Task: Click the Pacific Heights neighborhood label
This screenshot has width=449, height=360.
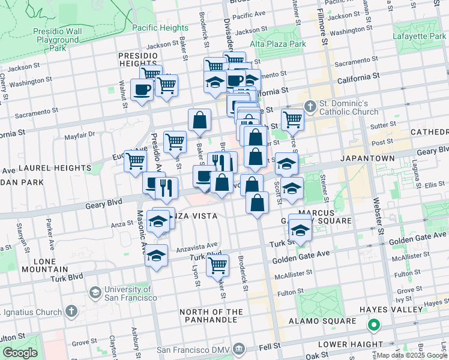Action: click(x=160, y=28)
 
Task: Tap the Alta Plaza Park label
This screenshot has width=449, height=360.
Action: click(x=278, y=44)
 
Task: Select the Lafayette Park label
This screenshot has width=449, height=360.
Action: click(x=418, y=36)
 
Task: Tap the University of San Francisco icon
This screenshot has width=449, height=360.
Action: click(x=94, y=292)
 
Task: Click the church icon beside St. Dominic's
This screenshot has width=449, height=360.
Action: click(x=310, y=107)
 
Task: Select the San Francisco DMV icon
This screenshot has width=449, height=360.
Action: click(x=239, y=349)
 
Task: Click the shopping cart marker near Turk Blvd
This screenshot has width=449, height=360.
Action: click(x=217, y=265)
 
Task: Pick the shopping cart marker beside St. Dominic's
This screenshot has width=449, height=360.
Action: click(x=292, y=119)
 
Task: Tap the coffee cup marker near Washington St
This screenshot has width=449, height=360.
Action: click(x=142, y=90)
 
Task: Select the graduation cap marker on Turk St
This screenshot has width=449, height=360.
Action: click(x=300, y=229)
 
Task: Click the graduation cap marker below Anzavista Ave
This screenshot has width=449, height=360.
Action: click(x=156, y=256)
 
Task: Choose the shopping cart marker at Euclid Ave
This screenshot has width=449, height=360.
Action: click(x=136, y=161)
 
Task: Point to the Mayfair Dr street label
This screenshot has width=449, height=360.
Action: click(x=80, y=134)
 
